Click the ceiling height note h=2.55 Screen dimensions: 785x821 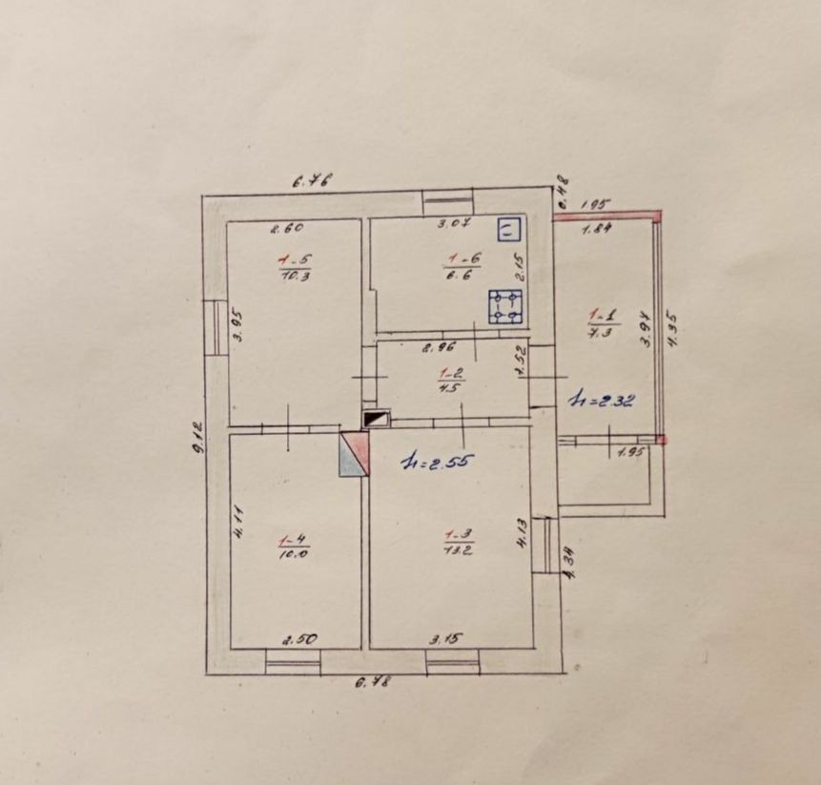point(438,463)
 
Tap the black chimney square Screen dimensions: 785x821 point(376,419)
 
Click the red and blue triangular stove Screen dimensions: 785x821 point(354,452)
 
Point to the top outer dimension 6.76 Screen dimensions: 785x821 point(312,178)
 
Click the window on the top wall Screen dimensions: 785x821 point(447,201)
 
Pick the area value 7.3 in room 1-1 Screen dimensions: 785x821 point(601,330)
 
